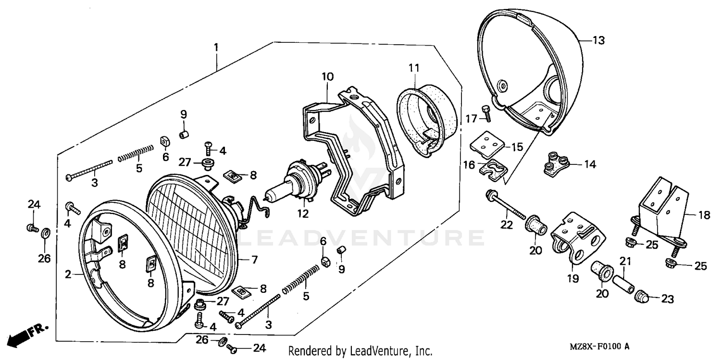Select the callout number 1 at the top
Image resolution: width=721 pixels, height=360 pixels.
216,48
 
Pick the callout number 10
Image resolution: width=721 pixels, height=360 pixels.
327,76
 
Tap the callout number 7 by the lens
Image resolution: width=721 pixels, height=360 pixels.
254,260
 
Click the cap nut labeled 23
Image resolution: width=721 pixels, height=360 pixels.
642,298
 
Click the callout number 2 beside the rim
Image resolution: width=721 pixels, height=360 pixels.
68,274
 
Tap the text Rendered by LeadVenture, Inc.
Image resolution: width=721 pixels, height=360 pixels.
360,351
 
